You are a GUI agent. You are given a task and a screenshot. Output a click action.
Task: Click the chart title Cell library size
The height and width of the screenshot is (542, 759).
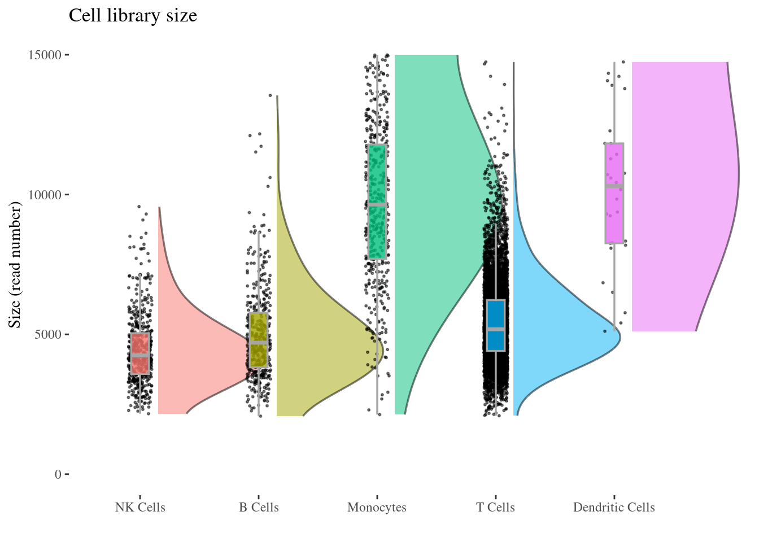coord(133,16)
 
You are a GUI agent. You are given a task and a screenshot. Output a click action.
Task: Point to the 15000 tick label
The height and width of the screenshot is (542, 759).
coord(45,55)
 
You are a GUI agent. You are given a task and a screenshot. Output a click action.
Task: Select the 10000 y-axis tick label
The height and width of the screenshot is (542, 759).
coord(45,195)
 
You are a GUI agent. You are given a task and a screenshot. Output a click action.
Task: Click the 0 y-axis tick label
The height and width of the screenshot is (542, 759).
coord(58,474)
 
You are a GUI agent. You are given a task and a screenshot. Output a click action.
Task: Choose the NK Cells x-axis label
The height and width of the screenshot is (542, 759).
coord(140,507)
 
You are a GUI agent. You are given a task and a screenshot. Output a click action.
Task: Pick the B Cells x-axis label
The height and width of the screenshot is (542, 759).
coord(259,507)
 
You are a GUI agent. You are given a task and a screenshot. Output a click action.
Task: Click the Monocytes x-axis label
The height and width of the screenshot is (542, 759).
coord(377,507)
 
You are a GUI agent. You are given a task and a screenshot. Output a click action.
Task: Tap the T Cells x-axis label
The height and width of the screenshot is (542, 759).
coord(495,507)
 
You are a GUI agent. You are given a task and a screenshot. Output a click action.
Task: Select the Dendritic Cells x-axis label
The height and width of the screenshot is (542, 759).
coord(614,507)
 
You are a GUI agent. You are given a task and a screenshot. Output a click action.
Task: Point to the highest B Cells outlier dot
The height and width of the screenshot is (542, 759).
coord(270,95)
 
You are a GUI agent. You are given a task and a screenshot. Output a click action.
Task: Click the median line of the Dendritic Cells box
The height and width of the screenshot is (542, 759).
coord(614,186)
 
